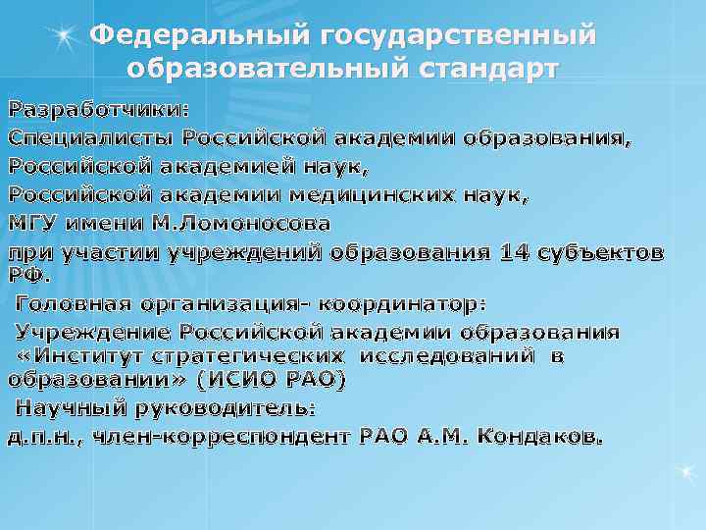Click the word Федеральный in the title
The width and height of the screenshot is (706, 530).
(x=197, y=36)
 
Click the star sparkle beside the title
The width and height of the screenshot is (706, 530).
(x=63, y=36)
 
